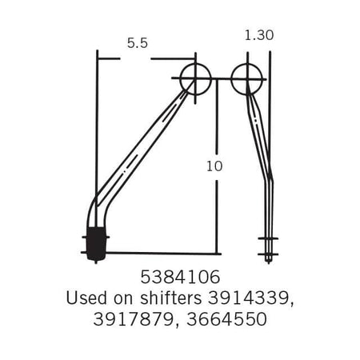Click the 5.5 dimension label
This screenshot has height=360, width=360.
tap(138, 44)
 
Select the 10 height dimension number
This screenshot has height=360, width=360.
tap(214, 166)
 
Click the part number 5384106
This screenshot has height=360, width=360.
tap(179, 279)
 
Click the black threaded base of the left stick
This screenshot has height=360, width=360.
tap(96, 245)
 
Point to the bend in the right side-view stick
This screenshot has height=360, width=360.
tap(270, 179)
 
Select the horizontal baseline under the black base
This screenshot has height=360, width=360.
tap(160, 253)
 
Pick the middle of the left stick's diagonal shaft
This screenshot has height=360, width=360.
tap(144, 140)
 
